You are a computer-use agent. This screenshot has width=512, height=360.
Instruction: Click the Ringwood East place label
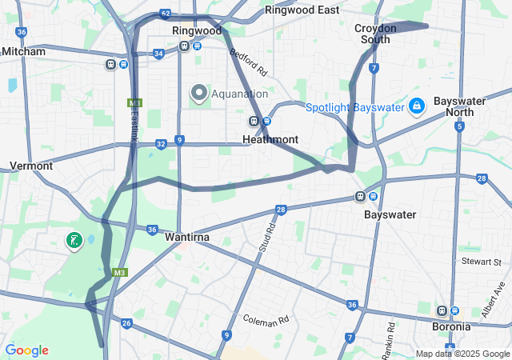[302, 10]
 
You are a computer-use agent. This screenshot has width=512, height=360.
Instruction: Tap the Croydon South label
[375, 33]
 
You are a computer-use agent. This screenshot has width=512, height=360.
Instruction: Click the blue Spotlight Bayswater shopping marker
[416, 106]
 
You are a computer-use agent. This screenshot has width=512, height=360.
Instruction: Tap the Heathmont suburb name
[270, 139]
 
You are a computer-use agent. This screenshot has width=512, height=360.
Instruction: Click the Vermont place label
[31, 166]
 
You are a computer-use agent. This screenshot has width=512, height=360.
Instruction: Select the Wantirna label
[187, 238]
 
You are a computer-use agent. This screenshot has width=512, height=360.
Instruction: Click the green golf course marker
[74, 240]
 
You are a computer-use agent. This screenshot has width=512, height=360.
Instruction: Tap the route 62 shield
[165, 14]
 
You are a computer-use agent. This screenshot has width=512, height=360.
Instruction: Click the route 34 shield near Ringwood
[158, 54]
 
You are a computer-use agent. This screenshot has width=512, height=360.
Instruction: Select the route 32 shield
[161, 144]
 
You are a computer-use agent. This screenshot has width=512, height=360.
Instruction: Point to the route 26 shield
[126, 323]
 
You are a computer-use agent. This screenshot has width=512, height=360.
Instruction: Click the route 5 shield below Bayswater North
[459, 126]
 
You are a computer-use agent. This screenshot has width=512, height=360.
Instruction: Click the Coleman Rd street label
[266, 320]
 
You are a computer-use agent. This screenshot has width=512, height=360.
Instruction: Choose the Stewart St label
[481, 262]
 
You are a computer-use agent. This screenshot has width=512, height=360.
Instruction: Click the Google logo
[26, 350]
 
